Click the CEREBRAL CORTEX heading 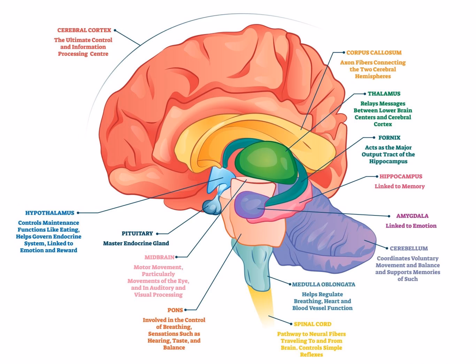pos(84,30)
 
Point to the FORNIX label pos(389,138)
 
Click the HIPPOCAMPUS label pos(401,176)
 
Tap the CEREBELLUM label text pos(408,249)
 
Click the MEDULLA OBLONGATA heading pos(323,285)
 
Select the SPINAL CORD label pos(312,324)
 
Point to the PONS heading pos(175,310)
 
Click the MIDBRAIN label pos(159,257)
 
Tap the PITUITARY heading pos(137,234)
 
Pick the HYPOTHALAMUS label pos(50,213)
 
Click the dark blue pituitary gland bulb pos(212,207)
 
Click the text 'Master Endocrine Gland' pos(136,243)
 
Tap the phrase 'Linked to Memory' pos(399,187)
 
